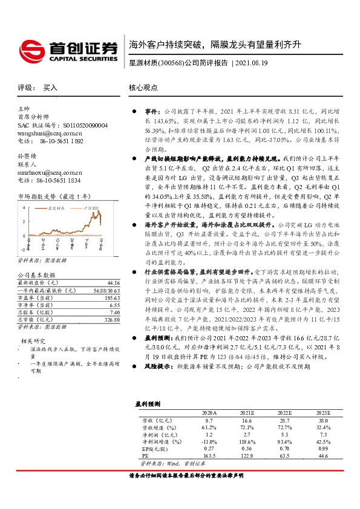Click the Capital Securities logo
tap(68, 48)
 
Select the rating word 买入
tap(50, 88)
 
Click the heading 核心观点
tap(143, 88)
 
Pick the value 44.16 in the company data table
tap(113, 282)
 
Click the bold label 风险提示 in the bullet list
tap(157, 349)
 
